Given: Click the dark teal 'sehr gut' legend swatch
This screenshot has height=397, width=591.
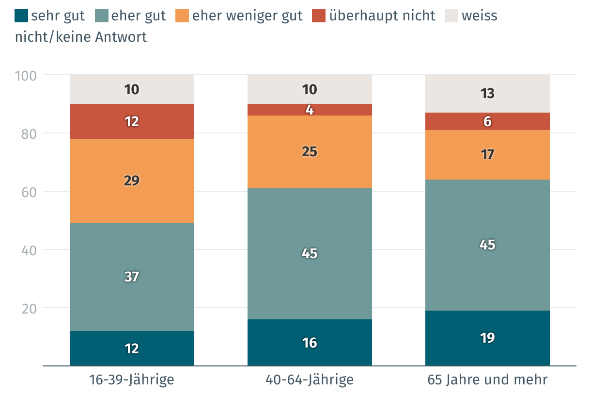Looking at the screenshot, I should click(21, 16).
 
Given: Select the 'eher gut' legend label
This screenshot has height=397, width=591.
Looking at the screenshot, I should click(138, 16).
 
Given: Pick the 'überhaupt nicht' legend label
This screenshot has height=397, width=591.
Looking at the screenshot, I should click(382, 16).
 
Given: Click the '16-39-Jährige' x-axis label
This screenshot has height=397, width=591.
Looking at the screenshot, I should click(132, 380).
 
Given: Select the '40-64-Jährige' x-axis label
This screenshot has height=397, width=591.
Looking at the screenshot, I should click(310, 380).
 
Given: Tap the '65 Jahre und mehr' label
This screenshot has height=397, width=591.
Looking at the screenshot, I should click(487, 380).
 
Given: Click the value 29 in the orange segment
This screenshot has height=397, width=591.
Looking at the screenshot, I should click(132, 181).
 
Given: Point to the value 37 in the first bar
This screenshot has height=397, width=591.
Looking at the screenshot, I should click(132, 277).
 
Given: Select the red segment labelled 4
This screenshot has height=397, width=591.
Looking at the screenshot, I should click(310, 110).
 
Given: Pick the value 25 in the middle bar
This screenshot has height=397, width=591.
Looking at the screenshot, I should click(310, 152).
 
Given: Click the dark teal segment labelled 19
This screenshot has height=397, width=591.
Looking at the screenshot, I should click(487, 338).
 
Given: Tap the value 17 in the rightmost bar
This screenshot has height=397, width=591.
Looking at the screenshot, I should click(487, 155).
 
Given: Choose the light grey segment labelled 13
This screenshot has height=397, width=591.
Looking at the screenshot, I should click(487, 93).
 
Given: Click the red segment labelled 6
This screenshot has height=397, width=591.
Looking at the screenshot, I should click(487, 121).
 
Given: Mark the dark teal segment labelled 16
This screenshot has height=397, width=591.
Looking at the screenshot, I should click(310, 343).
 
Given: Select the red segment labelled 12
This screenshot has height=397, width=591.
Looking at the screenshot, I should click(132, 121).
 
